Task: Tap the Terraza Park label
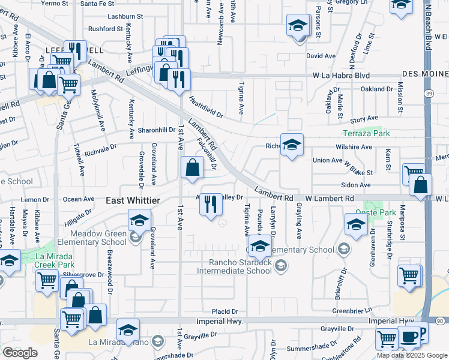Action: coord(366,133)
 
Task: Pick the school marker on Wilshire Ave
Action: coord(292,145)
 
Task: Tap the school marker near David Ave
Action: coord(297,26)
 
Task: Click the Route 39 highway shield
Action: coord(427,94)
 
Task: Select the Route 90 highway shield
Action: coord(440,322)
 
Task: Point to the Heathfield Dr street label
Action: coord(205,107)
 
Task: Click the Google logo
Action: coord(20,353)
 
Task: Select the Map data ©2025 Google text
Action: coord(412,355)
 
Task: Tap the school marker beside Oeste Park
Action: coord(356,224)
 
